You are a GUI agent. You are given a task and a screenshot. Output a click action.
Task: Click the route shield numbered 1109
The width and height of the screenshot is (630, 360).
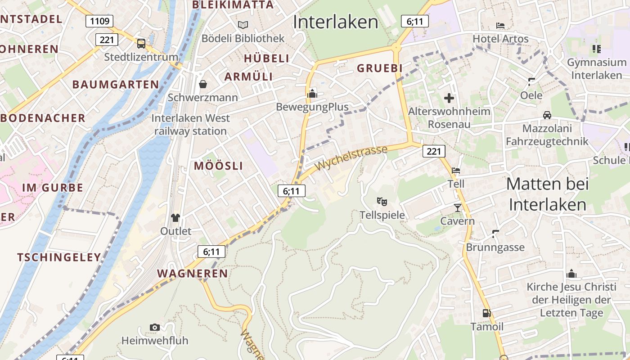point(99,21)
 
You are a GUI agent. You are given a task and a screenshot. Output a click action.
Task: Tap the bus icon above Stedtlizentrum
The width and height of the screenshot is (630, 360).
point(141,44)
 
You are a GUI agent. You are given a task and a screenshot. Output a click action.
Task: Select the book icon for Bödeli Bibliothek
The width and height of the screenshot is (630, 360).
point(243,25)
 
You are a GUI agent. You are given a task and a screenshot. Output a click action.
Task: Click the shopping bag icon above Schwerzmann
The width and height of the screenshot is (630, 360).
point(203,84)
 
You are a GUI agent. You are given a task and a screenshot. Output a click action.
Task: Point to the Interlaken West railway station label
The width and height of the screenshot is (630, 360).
point(191,125)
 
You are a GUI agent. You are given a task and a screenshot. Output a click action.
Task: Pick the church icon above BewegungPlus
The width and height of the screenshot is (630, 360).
point(312,94)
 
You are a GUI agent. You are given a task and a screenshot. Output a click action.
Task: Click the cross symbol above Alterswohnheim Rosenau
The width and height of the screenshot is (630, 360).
point(449,98)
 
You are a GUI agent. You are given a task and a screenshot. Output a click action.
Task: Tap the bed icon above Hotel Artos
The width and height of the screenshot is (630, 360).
point(500,25)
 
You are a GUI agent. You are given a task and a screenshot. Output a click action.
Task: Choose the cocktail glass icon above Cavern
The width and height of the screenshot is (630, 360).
point(458,207)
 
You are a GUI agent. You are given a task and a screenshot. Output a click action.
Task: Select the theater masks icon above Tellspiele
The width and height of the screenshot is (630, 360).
point(382,201)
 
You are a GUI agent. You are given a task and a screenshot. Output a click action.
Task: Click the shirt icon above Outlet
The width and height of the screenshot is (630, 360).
point(175,218)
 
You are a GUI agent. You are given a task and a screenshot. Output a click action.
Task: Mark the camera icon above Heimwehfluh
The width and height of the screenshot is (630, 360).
point(154,327)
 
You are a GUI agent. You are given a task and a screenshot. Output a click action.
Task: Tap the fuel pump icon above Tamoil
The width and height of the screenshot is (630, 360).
point(486,313)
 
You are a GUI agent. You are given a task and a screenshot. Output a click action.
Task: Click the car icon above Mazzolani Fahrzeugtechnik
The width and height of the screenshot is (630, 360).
point(547,115)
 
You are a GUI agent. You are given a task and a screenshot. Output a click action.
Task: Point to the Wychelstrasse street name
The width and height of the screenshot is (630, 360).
point(351,158)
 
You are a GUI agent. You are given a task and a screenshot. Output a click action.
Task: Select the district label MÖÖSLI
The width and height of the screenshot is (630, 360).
point(218,166)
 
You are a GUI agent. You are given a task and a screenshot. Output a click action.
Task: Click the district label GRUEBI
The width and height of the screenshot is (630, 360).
point(379,68)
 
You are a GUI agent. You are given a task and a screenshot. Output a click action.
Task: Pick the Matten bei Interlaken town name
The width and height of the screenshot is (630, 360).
point(547,194)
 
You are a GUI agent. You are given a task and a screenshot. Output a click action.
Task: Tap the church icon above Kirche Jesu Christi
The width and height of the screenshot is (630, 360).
point(571,274)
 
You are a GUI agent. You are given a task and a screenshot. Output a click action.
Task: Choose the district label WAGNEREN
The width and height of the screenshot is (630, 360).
point(192,274)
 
